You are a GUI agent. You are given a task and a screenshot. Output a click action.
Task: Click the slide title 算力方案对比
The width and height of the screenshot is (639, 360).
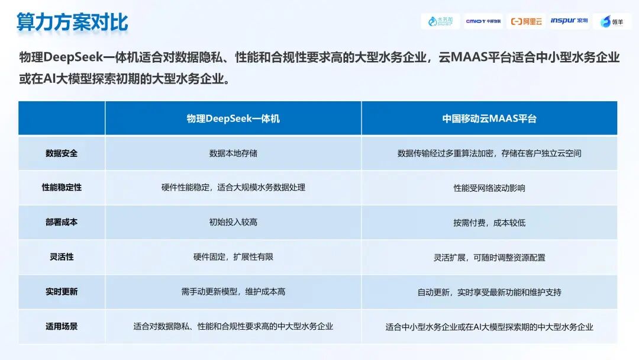coord(72,22)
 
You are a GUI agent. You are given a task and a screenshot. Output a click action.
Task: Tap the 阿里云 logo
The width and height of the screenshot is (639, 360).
coord(526,21)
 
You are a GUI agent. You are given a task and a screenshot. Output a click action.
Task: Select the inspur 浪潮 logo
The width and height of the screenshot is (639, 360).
coord(569,20)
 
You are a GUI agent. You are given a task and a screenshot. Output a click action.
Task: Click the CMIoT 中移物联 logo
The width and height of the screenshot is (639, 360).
coord(483,21)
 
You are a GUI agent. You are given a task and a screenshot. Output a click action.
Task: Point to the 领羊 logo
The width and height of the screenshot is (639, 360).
coord(612,21)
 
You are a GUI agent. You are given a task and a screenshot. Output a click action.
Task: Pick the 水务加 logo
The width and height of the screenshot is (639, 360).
coord(440,21)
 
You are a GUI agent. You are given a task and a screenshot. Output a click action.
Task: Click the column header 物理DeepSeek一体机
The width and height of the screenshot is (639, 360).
coord(233,118)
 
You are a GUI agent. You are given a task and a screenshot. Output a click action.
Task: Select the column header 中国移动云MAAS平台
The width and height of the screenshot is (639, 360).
coord(489,118)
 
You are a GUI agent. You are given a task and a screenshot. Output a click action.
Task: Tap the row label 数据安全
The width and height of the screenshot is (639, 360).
coord(62,153)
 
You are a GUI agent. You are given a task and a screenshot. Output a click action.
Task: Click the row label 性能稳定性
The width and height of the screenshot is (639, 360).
coord(62,188)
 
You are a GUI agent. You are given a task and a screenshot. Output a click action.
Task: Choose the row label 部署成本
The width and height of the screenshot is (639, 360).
coord(62,222)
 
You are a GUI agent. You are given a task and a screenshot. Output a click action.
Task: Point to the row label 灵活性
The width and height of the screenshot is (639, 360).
coord(62,257)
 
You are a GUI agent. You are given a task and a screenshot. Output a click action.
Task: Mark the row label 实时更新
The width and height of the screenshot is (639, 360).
coord(62,291)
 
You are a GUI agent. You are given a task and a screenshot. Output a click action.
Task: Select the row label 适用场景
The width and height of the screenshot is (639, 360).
coord(62,326)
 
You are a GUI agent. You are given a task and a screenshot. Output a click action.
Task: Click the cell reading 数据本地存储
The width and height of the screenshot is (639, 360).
coord(233,153)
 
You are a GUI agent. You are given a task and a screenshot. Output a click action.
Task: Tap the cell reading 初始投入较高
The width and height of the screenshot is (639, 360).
coord(233,222)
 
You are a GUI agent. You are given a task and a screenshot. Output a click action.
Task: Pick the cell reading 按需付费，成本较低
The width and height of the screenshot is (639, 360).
coord(489,223)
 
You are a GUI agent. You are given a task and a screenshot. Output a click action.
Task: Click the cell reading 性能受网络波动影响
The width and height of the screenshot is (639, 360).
coord(489,188)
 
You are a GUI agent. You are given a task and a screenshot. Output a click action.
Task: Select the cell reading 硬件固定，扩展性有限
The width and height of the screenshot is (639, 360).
coord(233,257)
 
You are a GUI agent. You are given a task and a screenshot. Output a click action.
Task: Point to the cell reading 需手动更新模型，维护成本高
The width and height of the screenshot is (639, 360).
coord(233,291)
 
